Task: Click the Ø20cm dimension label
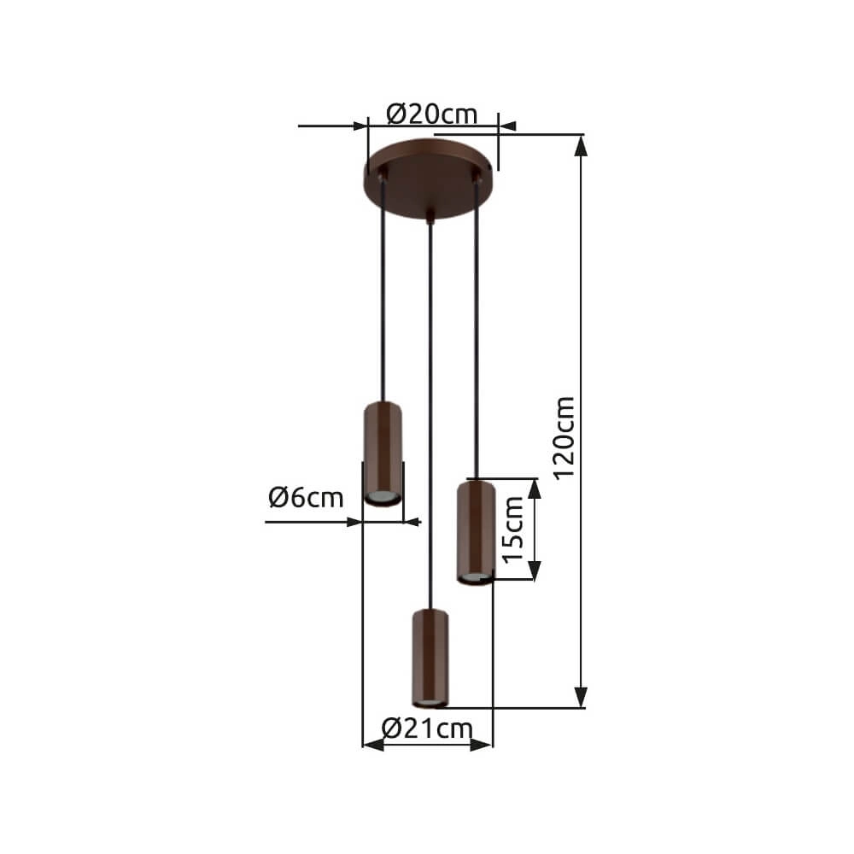tap(431, 113)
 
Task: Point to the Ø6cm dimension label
tap(306, 498)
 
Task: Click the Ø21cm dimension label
tap(427, 728)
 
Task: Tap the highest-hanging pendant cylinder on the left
tap(382, 453)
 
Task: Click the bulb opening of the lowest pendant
tap(430, 702)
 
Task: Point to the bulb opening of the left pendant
tap(382, 497)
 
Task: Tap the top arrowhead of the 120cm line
tap(582, 146)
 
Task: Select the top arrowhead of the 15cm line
tap(535, 488)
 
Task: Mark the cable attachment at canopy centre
tap(430, 218)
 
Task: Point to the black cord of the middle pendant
tap(430, 410)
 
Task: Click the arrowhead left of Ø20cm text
tap(359, 126)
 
